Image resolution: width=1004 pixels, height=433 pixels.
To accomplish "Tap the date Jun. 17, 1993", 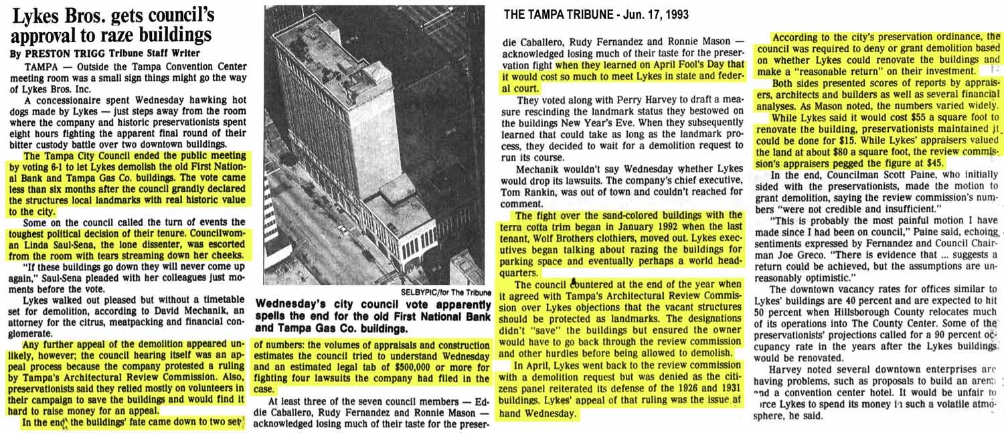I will pyautogui.click(x=656, y=15).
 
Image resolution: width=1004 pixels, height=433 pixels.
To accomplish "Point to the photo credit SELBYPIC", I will pyautogui.click(x=419, y=292).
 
